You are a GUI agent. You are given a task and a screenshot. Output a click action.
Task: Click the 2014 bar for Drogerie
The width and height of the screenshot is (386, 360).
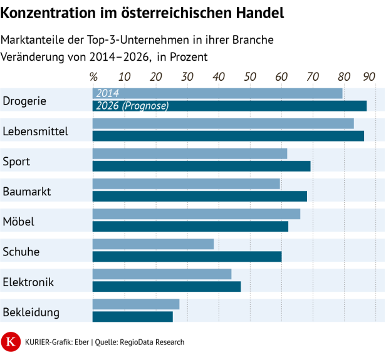click(217, 93)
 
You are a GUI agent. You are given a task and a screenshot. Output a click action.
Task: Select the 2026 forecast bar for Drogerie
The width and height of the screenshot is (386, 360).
click(229, 106)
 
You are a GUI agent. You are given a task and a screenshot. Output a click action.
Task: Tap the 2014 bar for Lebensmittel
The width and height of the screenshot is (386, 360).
click(223, 123)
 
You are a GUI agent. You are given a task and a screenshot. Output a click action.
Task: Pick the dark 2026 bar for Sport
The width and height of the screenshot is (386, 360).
click(201, 166)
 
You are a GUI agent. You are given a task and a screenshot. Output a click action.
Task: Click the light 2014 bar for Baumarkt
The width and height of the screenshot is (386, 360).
click(186, 183)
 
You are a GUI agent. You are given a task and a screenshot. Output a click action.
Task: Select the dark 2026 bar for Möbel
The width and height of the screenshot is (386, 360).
click(190, 226)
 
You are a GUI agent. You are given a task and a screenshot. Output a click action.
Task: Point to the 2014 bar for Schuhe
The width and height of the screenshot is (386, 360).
click(153, 244)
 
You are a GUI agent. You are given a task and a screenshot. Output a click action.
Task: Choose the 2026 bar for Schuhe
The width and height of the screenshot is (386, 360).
click(187, 256)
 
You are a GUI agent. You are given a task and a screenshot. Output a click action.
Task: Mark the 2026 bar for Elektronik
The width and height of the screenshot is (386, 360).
click(167, 286)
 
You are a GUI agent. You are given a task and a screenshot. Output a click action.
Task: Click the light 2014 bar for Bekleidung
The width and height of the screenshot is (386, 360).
click(136, 304)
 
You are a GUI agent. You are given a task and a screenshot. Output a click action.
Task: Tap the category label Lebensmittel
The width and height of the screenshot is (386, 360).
click(35, 131)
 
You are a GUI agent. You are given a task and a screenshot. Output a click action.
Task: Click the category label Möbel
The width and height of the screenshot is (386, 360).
click(18, 222)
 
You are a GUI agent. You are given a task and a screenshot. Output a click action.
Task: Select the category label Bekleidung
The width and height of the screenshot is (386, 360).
click(31, 312)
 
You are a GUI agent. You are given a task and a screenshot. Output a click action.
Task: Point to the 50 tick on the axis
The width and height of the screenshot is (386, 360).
click(250, 76)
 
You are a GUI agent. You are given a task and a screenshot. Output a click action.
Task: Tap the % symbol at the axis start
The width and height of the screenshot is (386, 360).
click(94, 76)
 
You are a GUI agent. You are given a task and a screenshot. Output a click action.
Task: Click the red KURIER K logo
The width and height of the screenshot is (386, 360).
click(10, 342)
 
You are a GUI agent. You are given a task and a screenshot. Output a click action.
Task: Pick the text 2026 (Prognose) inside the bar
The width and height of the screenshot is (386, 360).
click(132, 106)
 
